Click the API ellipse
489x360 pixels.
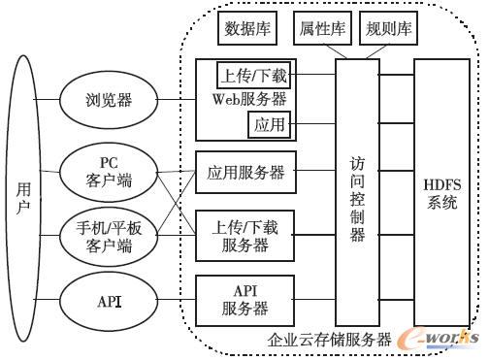click(109, 301)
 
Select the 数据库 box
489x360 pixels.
click(248, 30)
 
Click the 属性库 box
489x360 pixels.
click(322, 30)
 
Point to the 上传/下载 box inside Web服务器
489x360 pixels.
click(254, 74)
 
